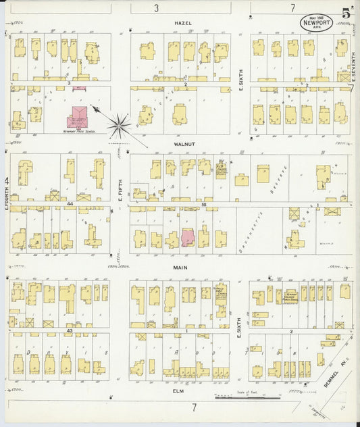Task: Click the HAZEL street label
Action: (182, 23)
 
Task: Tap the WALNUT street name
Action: (184, 144)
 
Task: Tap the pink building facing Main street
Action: (188, 238)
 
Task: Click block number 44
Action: (70, 203)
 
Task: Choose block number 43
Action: (70, 330)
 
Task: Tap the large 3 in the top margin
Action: (156, 8)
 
